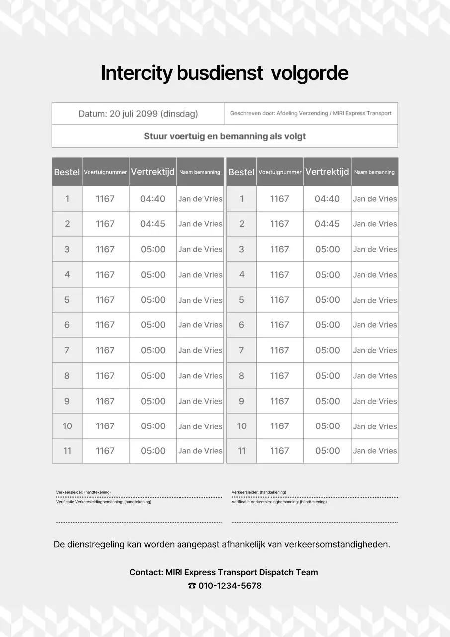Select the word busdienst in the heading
coord(219,73)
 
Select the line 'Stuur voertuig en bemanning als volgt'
coord(225,136)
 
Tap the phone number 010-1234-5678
coord(230,586)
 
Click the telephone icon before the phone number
coord(192,586)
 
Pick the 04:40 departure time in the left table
coord(153,199)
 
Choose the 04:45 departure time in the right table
coord(327,224)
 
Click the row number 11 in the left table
coord(67,451)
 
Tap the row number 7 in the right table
coord(241,350)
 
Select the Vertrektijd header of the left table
coord(153,172)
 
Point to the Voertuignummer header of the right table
coord(280,172)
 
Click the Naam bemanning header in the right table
coord(374,172)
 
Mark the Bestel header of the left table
coord(67,172)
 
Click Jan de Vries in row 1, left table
coord(200,199)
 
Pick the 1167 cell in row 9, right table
coord(279,401)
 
